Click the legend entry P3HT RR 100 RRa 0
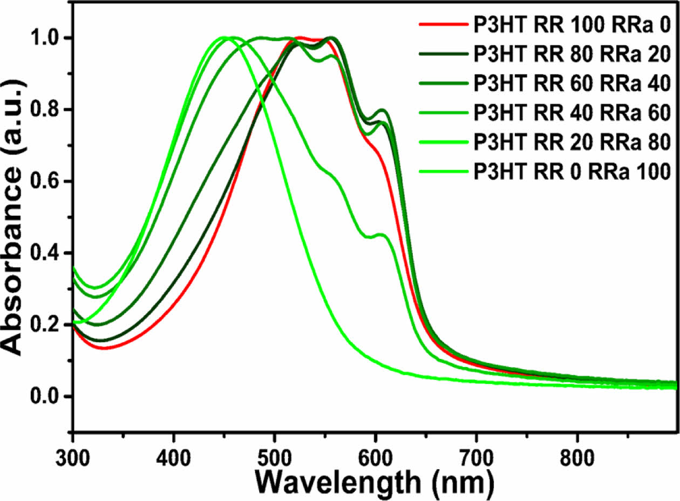click(572, 25)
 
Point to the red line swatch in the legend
click(442, 25)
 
